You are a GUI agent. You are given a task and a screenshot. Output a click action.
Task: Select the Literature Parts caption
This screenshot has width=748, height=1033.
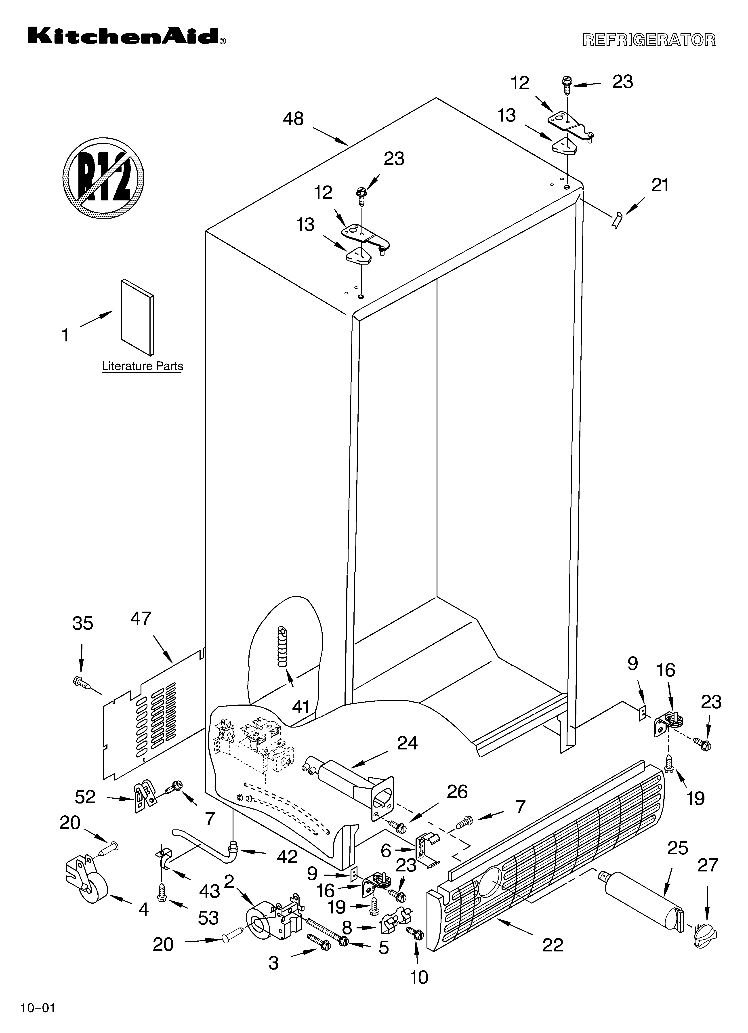[142, 366]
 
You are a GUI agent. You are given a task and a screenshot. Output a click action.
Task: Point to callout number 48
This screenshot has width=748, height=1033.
[293, 119]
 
